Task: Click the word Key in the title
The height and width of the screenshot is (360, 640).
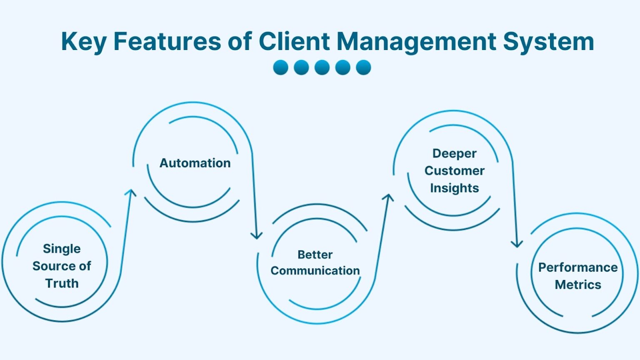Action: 83,42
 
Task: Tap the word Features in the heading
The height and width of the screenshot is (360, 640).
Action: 167,41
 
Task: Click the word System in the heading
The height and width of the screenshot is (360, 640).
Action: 548,41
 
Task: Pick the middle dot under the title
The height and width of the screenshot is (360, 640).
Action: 322,67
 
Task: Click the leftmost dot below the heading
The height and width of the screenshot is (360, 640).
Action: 280,67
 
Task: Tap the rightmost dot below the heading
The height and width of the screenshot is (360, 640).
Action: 363,67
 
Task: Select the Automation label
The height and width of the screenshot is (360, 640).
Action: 195,163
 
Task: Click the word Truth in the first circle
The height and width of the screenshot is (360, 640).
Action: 62,283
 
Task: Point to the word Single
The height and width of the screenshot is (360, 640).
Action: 62,249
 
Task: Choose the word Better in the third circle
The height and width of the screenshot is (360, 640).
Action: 315,255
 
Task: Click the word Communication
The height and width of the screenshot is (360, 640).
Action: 315,271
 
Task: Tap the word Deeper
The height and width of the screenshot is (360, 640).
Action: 454,153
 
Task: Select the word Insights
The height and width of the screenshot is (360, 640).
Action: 454,188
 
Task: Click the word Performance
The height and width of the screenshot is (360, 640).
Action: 578,267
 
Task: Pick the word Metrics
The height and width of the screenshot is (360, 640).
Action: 578,285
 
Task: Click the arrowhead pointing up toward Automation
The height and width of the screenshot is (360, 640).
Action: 131,192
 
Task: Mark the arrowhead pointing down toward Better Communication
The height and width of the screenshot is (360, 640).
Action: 256,235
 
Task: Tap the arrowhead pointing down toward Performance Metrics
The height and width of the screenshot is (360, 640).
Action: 517,244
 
